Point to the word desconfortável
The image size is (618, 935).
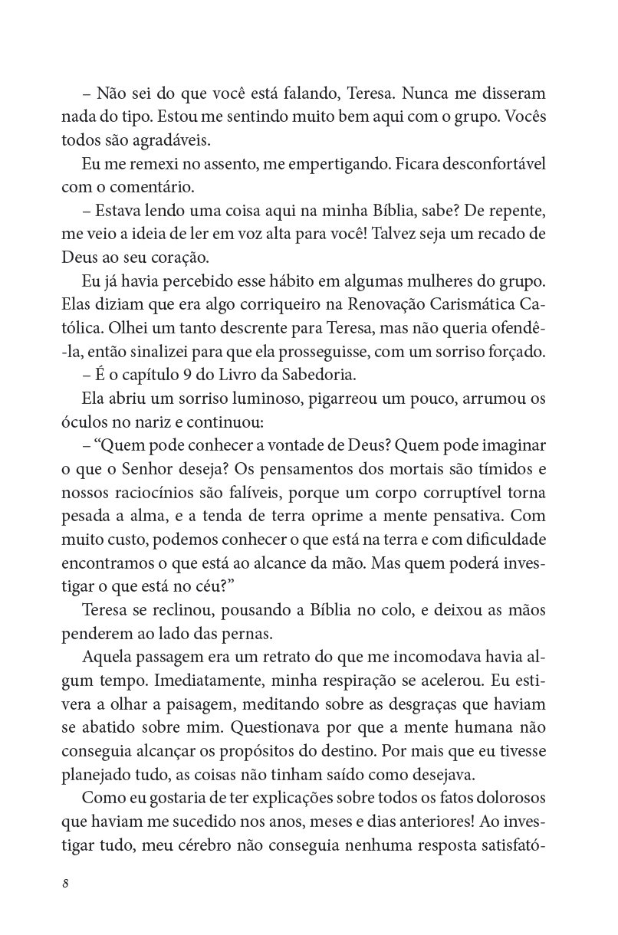[x=487, y=166]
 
